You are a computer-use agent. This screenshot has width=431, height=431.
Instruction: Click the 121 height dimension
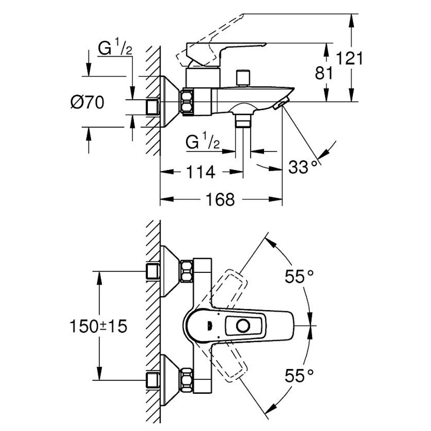pyautogui.click(x=350, y=58)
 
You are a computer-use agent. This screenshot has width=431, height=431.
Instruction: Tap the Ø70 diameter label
pyautogui.click(x=87, y=103)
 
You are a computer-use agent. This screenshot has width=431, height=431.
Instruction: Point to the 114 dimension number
pyautogui.click(x=201, y=172)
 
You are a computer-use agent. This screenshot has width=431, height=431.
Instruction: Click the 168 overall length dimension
pyautogui.click(x=220, y=200)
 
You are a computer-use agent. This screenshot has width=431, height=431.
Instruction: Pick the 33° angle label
pyautogui.click(x=301, y=167)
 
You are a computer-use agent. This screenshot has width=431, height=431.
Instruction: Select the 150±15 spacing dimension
pyautogui.click(x=98, y=326)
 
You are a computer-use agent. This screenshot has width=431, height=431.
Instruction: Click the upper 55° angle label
pyautogui.click(x=299, y=276)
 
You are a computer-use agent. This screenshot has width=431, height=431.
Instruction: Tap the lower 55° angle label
pyautogui.click(x=299, y=376)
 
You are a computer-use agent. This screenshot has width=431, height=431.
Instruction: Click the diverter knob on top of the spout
pyautogui.click(x=243, y=78)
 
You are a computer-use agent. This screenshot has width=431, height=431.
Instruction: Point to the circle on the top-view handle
pyautogui.click(x=243, y=326)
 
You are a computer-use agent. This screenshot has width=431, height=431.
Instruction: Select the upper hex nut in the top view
pyautogui.click(x=187, y=271)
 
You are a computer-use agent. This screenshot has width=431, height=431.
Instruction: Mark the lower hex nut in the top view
pyautogui.click(x=187, y=380)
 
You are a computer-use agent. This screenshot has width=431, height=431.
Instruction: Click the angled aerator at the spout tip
pyautogui.click(x=280, y=104)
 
